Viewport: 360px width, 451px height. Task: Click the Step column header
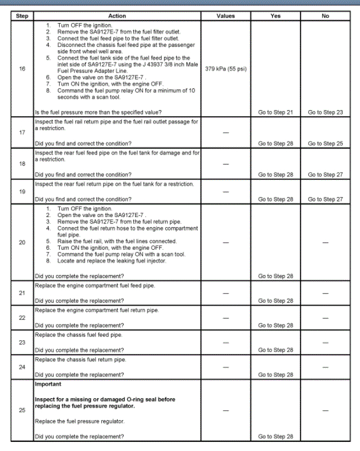pyautogui.click(x=22, y=16)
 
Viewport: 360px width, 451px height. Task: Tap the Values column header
pyautogui.click(x=226, y=16)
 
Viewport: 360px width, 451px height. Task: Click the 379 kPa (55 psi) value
pyautogui.click(x=226, y=69)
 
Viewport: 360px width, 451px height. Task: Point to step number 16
pyautogui.click(x=22, y=69)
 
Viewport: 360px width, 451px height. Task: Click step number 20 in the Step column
pyautogui.click(x=22, y=242)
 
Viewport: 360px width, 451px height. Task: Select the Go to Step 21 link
pyautogui.click(x=275, y=112)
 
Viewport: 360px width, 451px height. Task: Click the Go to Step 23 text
pyautogui.click(x=325, y=112)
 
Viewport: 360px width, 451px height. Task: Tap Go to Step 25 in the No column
pyautogui.click(x=325, y=143)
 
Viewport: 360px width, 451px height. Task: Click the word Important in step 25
pyautogui.click(x=48, y=384)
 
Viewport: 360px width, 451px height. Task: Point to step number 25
pyautogui.click(x=22, y=410)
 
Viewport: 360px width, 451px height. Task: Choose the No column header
pyautogui.click(x=325, y=16)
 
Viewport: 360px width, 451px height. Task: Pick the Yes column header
pyautogui.click(x=275, y=16)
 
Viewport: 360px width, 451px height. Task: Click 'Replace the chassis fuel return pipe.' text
pyautogui.click(x=80, y=360)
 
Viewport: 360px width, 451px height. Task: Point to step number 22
pyautogui.click(x=22, y=317)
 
